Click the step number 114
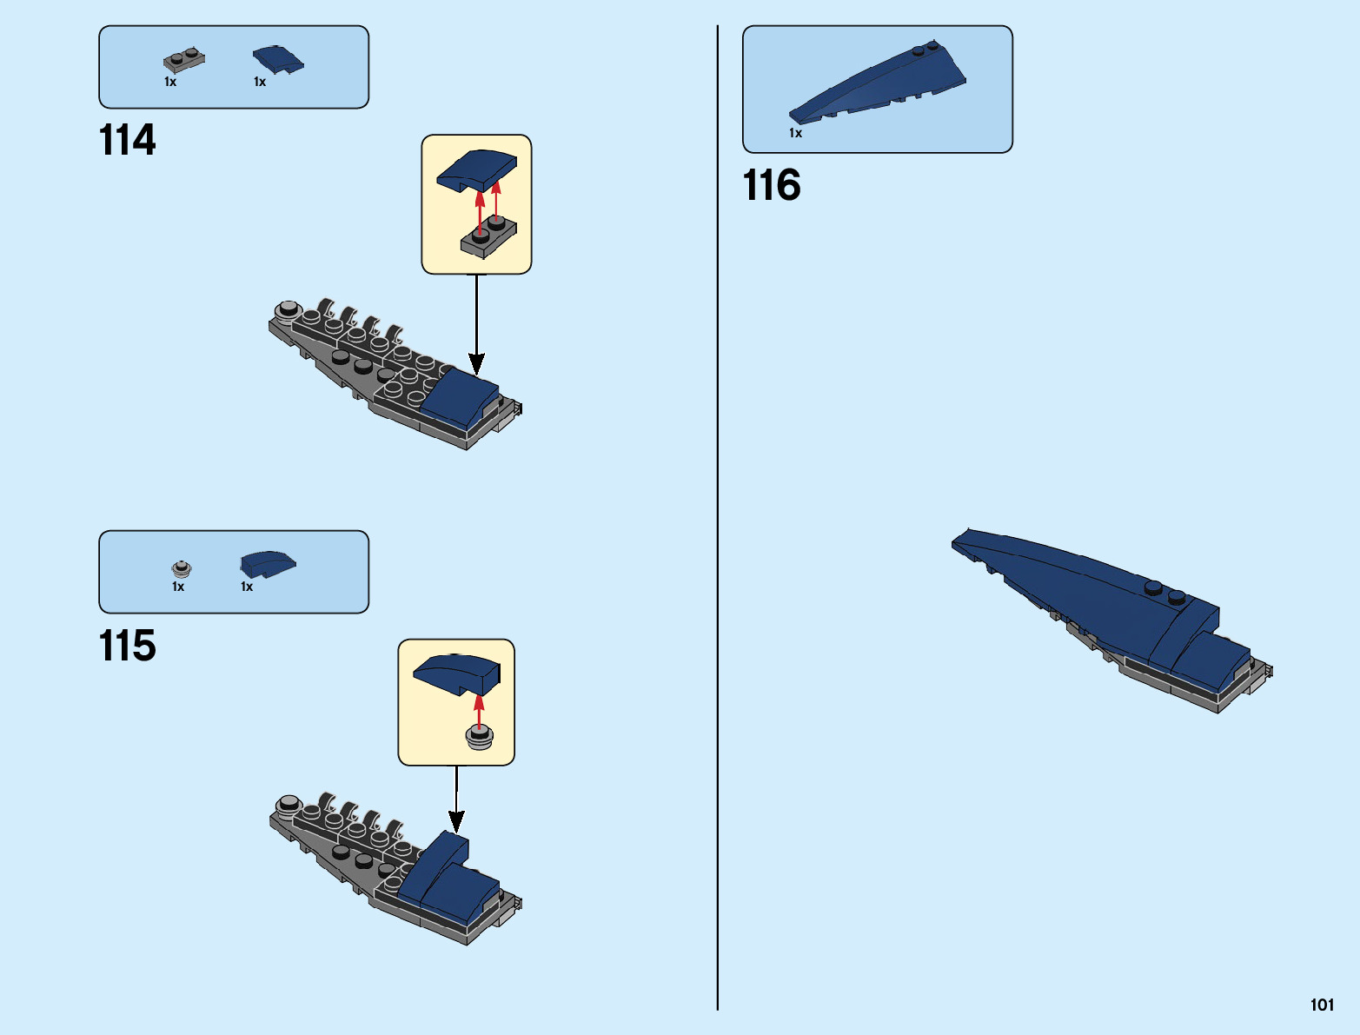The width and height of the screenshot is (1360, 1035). click(x=128, y=140)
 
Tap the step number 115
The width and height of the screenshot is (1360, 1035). click(x=128, y=646)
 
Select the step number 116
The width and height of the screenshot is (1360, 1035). click(x=772, y=185)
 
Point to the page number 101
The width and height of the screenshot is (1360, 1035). click(x=1322, y=1005)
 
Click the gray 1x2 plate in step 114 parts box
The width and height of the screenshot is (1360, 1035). click(x=184, y=61)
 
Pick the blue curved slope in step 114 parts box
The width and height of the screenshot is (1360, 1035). click(x=278, y=59)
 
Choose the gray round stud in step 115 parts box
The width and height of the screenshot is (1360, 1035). click(x=182, y=569)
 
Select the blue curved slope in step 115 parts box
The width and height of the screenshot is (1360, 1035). click(x=268, y=564)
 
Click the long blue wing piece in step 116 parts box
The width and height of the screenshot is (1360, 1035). click(x=878, y=83)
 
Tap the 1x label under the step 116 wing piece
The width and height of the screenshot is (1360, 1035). click(x=795, y=133)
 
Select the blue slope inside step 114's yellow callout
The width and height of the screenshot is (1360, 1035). click(x=476, y=169)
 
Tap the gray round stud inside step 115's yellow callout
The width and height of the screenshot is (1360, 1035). click(x=480, y=738)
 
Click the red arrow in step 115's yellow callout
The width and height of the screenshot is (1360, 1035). click(x=478, y=708)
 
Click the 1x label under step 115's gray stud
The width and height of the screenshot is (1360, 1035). click(x=178, y=587)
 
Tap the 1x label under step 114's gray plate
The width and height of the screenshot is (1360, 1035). click(x=170, y=82)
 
